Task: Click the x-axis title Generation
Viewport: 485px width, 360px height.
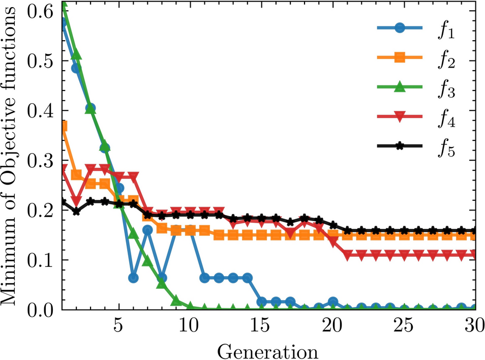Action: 267,351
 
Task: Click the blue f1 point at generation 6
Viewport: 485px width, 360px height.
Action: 133,278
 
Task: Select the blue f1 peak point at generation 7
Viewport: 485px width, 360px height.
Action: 147,230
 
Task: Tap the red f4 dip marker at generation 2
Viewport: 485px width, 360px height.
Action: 76,201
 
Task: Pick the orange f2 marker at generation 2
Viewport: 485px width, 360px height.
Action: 76,175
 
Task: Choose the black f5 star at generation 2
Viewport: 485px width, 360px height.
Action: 76,211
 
